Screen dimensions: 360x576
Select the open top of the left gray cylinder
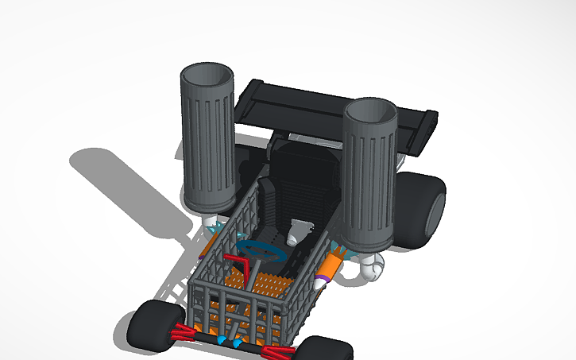[x=207, y=77]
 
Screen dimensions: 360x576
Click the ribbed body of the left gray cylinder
[x=208, y=151]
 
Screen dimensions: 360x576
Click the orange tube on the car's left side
[x=205, y=248]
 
